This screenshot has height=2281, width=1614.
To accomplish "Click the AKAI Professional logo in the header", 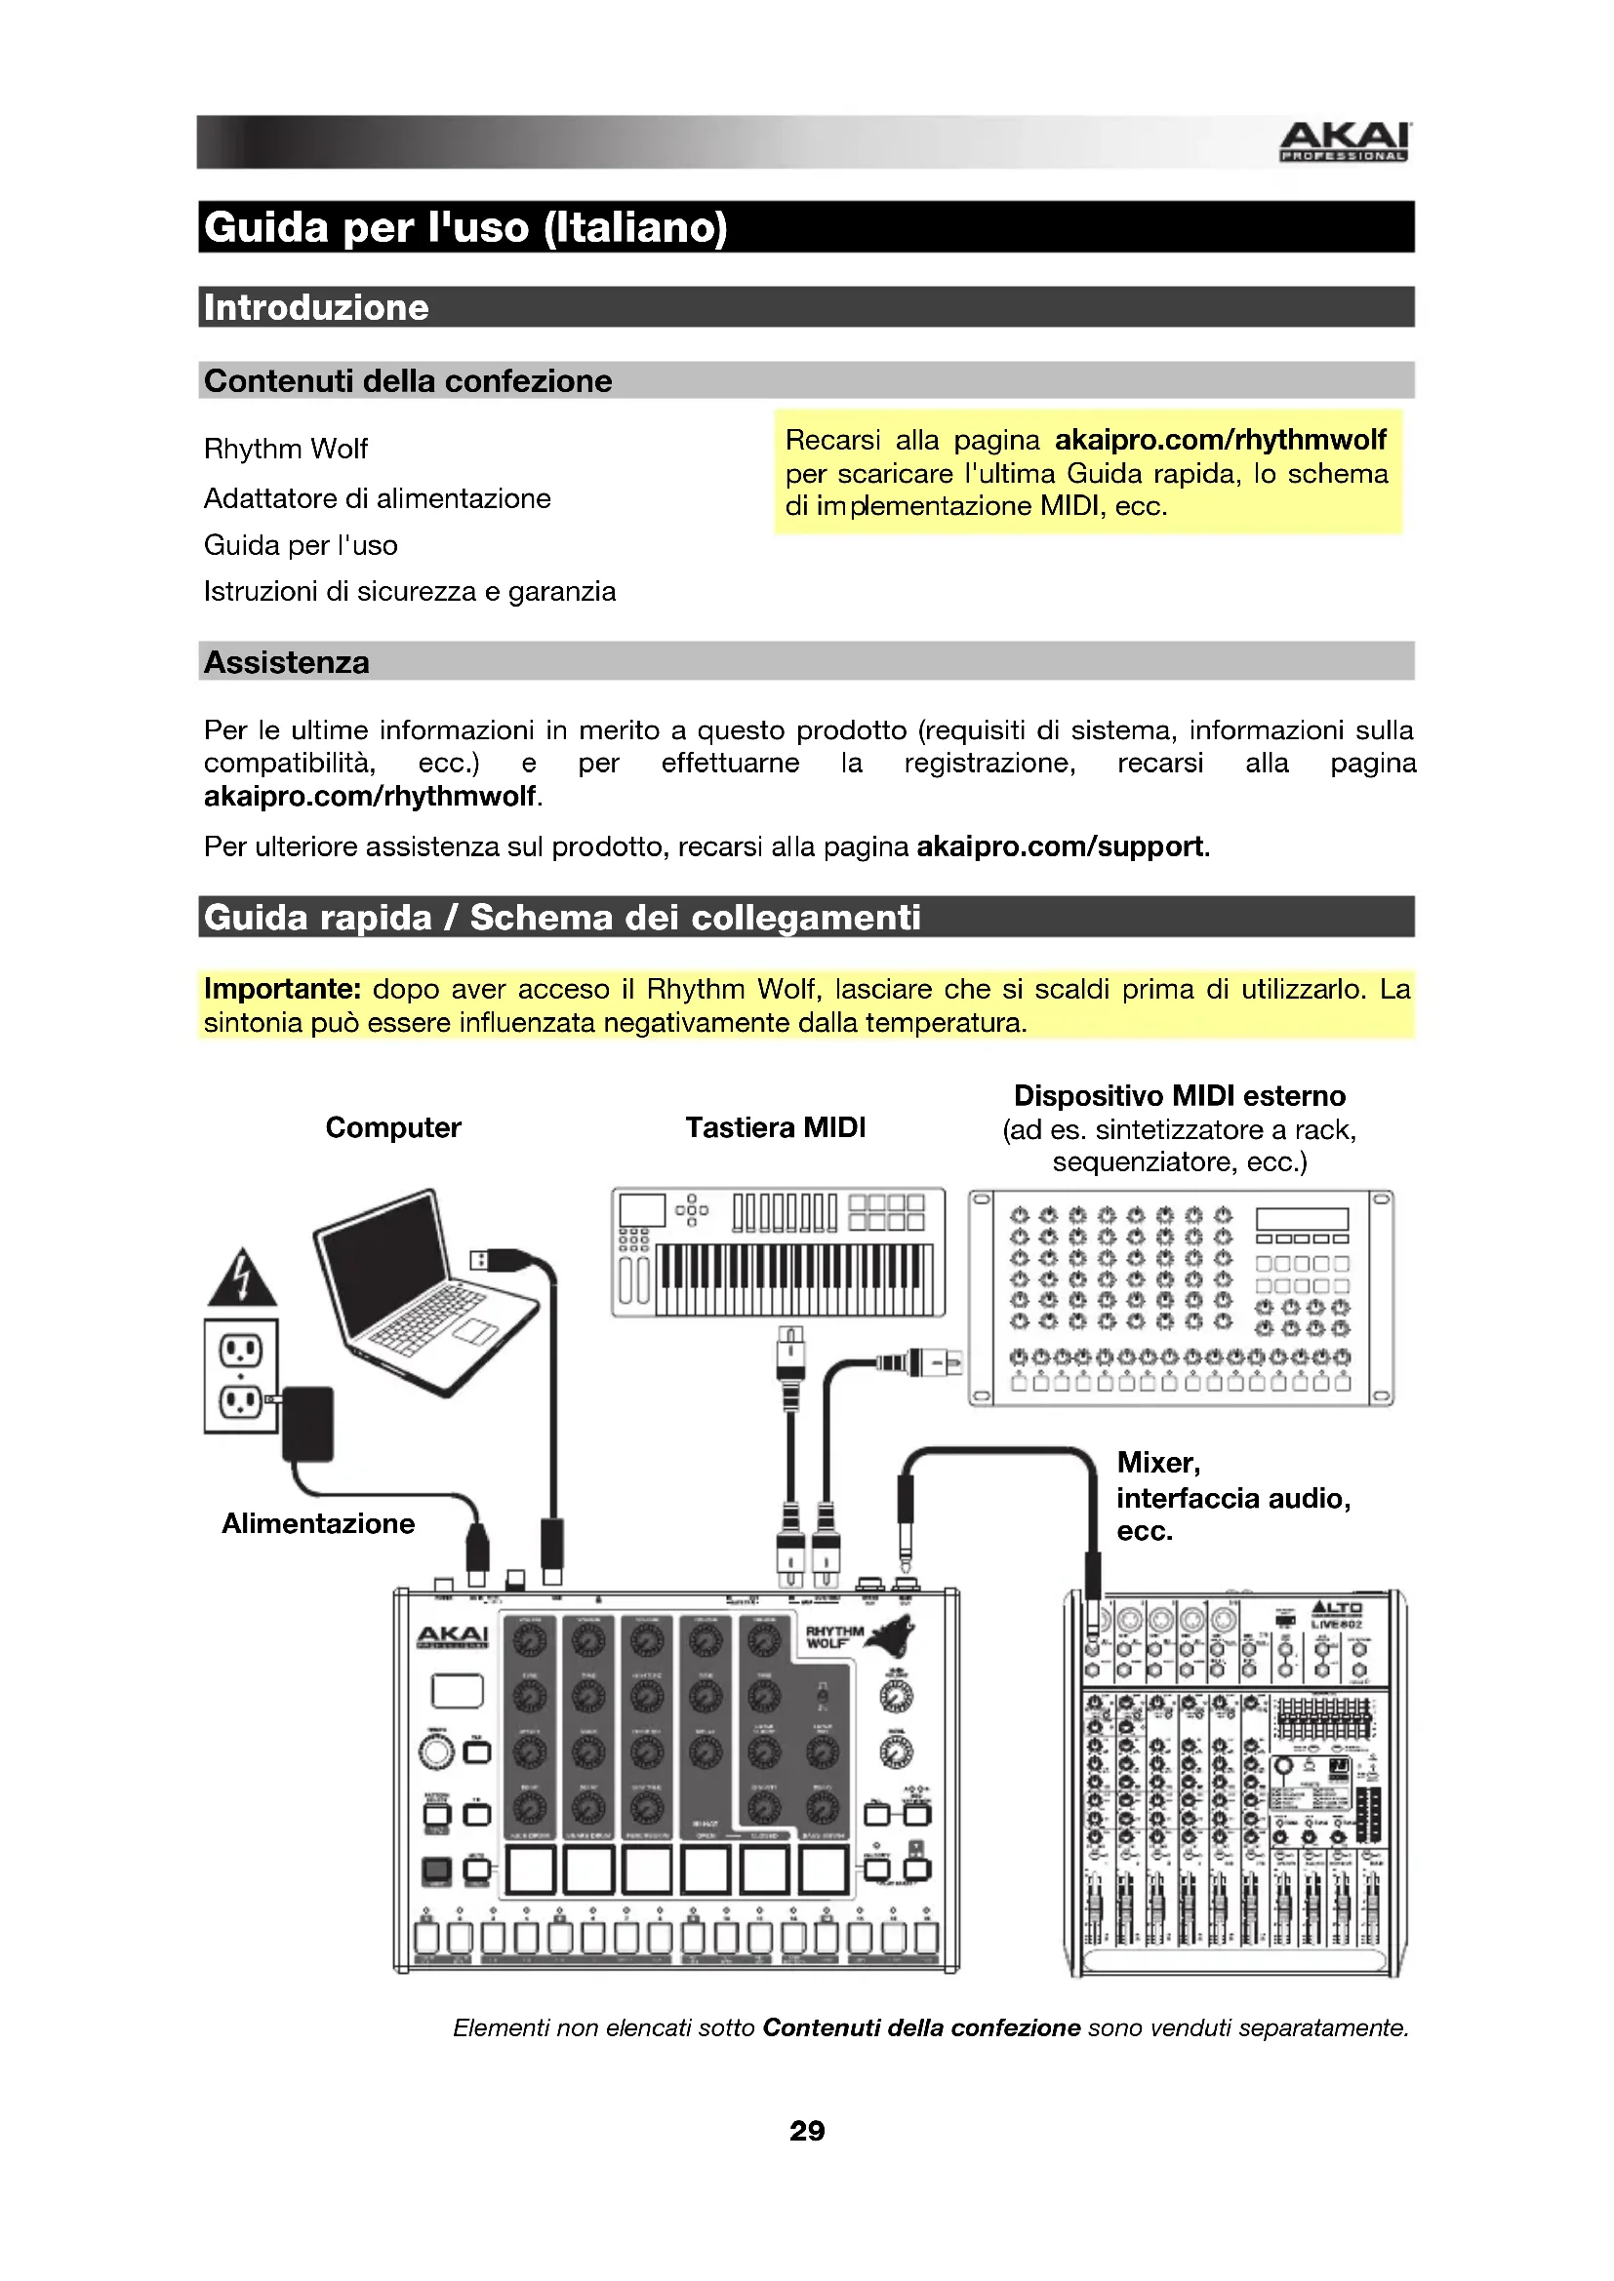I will click(x=1344, y=141).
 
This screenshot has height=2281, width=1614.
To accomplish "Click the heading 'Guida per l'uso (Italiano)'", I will click(x=465, y=227).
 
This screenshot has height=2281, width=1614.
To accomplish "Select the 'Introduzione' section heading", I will click(x=316, y=308).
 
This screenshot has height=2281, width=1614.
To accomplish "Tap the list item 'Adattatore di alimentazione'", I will click(x=377, y=497).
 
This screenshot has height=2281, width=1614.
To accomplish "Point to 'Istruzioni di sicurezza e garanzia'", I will click(x=410, y=592).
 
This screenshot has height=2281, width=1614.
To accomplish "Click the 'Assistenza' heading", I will click(x=286, y=662).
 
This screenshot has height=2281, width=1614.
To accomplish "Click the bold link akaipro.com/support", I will click(x=1060, y=846).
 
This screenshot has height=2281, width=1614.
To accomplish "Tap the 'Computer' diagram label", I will click(x=392, y=1127).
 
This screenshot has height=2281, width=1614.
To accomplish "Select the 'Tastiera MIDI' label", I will click(x=775, y=1127).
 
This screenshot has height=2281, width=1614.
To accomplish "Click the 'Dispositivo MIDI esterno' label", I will click(x=1179, y=1096).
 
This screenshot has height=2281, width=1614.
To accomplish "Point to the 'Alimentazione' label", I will click(x=318, y=1524).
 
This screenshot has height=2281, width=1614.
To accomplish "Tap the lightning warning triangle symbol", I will click(x=241, y=1279).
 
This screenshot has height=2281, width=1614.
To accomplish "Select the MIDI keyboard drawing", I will click(x=777, y=1253).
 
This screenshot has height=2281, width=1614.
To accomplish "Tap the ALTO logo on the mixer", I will click(x=1337, y=1609).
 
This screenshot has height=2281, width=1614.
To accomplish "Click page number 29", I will click(x=807, y=2131).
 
